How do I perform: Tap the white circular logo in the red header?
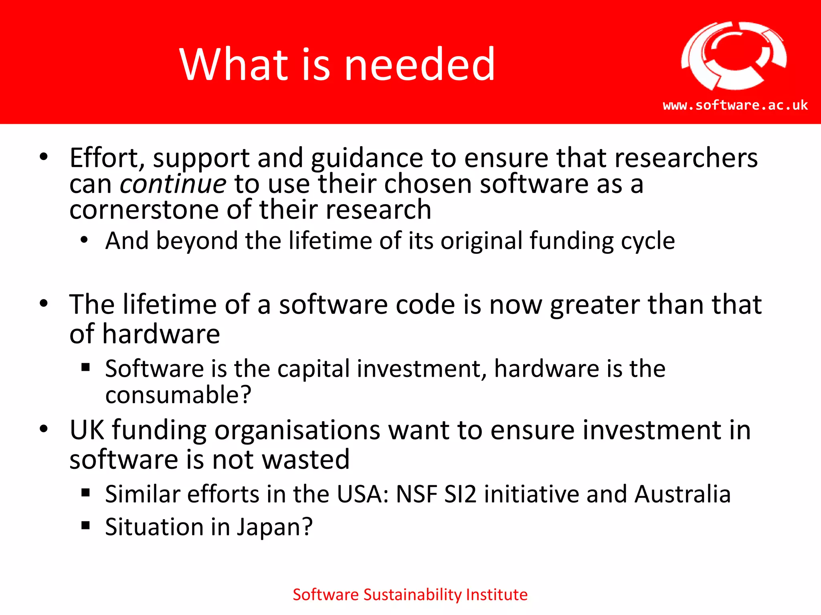734,56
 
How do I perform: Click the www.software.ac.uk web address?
735,105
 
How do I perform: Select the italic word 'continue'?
173,184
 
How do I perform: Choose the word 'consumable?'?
178,395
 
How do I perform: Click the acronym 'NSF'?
416,494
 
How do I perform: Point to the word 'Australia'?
683,494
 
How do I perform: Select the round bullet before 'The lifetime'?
44,303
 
